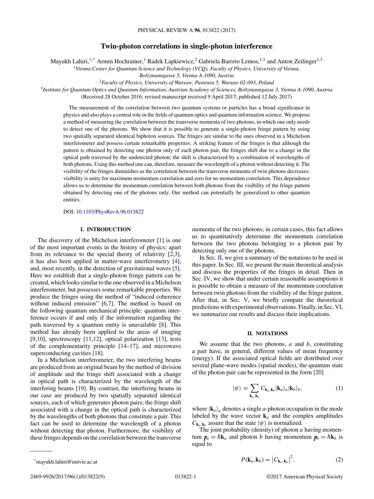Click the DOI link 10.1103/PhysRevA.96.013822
pos(110,212)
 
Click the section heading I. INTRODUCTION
pos(105,229)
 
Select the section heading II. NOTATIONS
pos(267,333)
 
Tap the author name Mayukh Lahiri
pos(69,61)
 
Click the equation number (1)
pos(339,388)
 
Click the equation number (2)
pos(339,459)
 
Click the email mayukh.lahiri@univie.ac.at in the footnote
pos(66,461)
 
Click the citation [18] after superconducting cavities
pos(98,353)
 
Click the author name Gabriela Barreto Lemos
pos(228,61)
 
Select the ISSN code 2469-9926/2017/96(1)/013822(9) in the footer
pos(67,477)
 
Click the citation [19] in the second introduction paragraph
pos(81,388)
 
